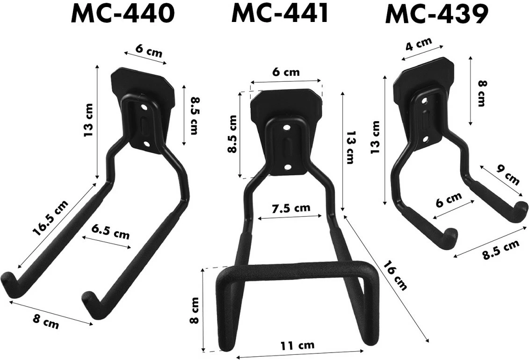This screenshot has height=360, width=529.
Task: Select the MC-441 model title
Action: tap(280, 14)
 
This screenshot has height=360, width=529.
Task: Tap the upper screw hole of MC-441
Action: tap(286, 127)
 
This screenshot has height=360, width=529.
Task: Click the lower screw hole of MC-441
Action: tap(287, 166)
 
